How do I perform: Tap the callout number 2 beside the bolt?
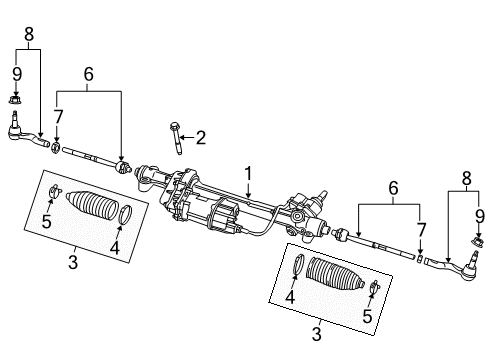tap(200, 136)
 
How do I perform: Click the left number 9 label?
tap(17, 74)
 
